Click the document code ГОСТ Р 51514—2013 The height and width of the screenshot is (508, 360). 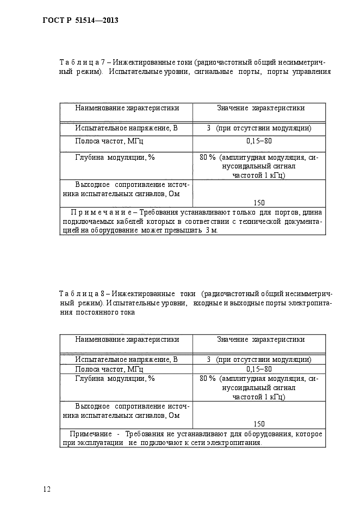coord(80,21)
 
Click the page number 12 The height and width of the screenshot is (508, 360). coord(47,489)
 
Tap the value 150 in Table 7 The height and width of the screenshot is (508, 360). coord(259,203)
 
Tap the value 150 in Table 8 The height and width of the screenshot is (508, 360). coord(259,424)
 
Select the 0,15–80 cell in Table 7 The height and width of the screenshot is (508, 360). coord(259,141)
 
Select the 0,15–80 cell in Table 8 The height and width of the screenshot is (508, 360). coord(259,369)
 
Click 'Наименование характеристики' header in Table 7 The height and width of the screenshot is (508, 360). coord(127,108)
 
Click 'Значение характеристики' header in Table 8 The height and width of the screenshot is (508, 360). coord(260,340)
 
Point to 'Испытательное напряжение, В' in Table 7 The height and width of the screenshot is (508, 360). coord(126,129)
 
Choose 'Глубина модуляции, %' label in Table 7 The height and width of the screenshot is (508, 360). coord(115,158)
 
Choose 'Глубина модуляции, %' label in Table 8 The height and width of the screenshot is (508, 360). coord(115,379)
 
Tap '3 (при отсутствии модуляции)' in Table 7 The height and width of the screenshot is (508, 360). coord(259,129)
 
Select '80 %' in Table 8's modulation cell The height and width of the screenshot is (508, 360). coord(208,379)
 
